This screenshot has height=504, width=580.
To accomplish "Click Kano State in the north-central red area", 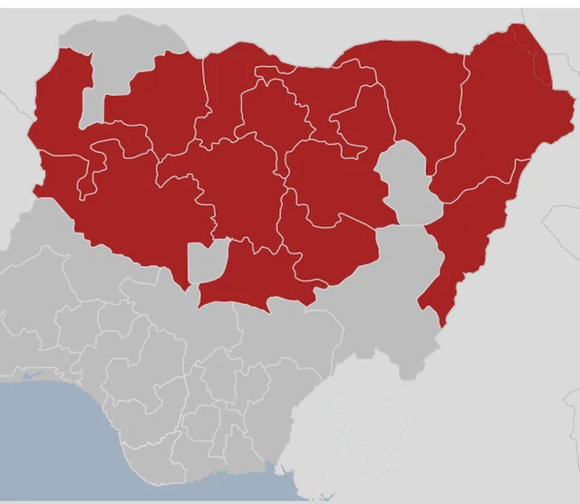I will [x=272, y=118].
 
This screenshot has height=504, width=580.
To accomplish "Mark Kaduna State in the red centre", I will [x=240, y=181].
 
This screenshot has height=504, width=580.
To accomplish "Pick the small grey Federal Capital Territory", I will [x=204, y=262].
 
